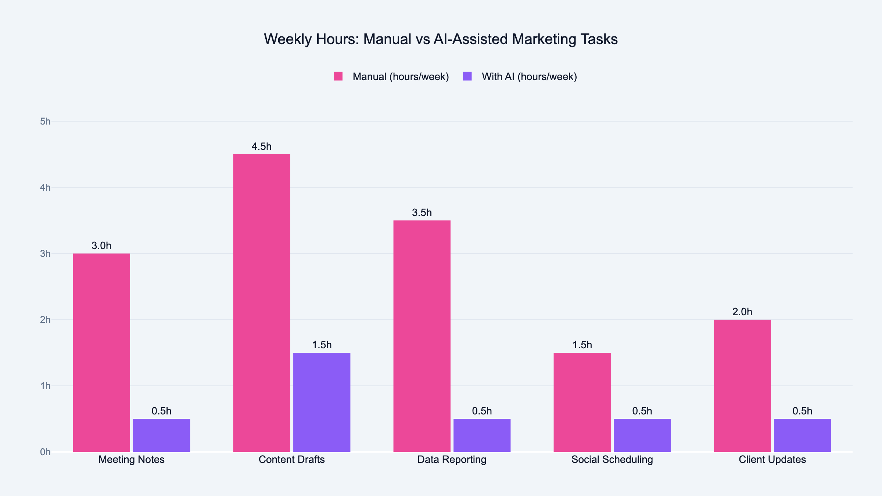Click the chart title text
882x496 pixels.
tap(441, 39)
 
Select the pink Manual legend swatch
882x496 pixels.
tap(338, 76)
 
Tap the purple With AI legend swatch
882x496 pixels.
tap(467, 76)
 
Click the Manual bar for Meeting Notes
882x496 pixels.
tap(101, 353)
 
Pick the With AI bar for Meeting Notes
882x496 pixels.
tap(161, 435)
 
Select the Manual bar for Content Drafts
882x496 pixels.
tap(262, 303)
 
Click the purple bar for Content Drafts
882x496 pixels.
tap(322, 402)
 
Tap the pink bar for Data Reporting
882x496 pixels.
tap(422, 336)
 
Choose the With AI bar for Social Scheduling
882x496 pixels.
tap(642, 435)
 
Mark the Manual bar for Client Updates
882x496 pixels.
tap(742, 386)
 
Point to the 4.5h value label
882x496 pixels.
tap(262, 147)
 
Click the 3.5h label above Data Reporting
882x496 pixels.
tap(422, 213)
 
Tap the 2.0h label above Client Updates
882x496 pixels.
tap(742, 312)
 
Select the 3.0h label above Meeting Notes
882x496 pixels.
tap(101, 246)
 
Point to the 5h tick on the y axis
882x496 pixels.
tap(45, 121)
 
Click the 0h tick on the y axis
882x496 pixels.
tap(45, 452)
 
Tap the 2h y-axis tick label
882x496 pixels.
tap(45, 320)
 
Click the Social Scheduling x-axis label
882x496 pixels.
tap(612, 460)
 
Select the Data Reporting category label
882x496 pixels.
tap(452, 460)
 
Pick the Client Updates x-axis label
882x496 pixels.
tap(772, 460)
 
